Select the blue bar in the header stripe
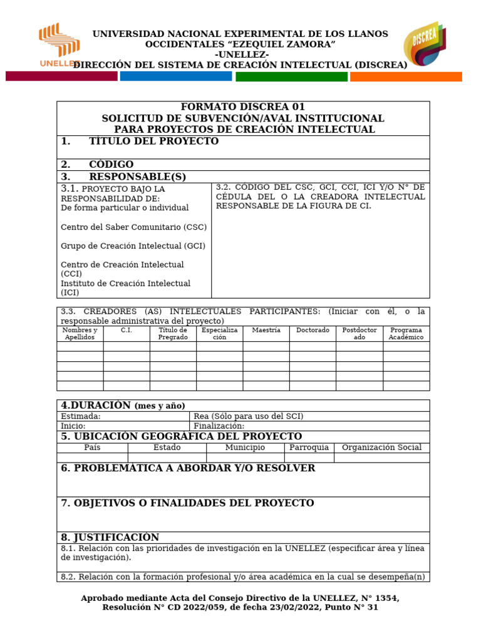click(x=175, y=76)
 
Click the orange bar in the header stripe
click(x=406, y=76)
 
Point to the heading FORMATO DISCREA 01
click(x=243, y=107)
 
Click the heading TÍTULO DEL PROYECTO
click(x=153, y=141)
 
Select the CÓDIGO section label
click(x=111, y=165)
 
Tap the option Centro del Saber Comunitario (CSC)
click(x=133, y=227)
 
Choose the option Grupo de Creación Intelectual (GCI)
click(x=133, y=246)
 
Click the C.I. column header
click(x=127, y=330)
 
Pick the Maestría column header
click(x=266, y=330)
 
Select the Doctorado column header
click(x=313, y=330)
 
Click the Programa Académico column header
click(x=406, y=334)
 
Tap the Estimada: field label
click(x=81, y=416)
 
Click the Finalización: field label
click(x=219, y=426)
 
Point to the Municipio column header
click(x=245, y=448)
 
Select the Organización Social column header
click(x=381, y=448)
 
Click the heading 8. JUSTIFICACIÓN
click(x=110, y=537)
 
